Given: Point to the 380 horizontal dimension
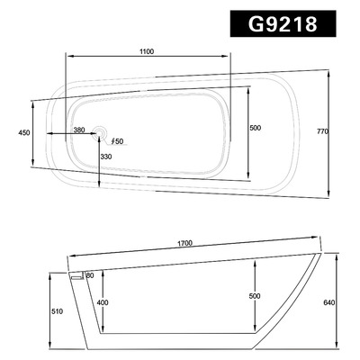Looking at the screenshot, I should click(x=79, y=130).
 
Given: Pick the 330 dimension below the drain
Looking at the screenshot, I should click(x=106, y=157).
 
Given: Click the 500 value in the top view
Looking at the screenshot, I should click(x=255, y=129).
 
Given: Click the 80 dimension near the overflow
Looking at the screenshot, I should click(x=90, y=274).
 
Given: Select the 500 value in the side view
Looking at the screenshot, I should click(x=255, y=296).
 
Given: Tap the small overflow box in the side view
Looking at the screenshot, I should click(x=77, y=275).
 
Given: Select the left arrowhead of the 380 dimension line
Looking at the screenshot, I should click(x=47, y=136).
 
